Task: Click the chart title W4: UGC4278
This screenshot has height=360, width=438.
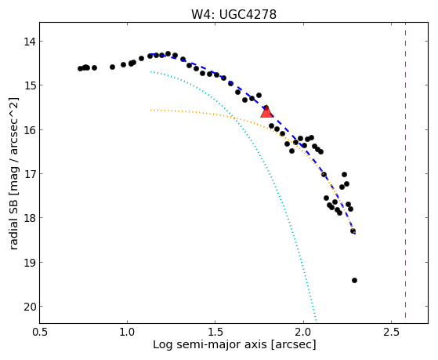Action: pos(233,14)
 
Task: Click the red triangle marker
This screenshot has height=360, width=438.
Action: pos(266,112)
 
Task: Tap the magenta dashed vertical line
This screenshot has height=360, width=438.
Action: pos(405,171)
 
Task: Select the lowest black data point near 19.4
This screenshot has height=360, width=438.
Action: pos(354,280)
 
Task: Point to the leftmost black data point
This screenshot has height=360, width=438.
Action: pos(80,68)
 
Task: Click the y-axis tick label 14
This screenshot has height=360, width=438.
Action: pos(30,42)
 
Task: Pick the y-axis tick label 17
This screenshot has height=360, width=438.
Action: pos(30,174)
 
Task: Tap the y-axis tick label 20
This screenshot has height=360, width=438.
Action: pos(30,307)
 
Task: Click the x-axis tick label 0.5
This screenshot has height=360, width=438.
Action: pos(39,332)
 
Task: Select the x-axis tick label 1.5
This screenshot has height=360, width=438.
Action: pos(215,332)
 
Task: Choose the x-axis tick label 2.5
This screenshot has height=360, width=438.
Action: pos(391,332)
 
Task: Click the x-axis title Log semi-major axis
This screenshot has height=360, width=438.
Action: pos(209,344)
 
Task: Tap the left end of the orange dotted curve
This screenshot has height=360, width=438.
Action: pos(150,111)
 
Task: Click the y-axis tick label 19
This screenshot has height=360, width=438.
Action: pos(30,263)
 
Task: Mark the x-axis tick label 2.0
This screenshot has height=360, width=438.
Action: pos(303,332)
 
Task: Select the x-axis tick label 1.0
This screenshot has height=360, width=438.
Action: pos(127,332)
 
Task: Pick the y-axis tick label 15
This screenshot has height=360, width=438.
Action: pos(30,85)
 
